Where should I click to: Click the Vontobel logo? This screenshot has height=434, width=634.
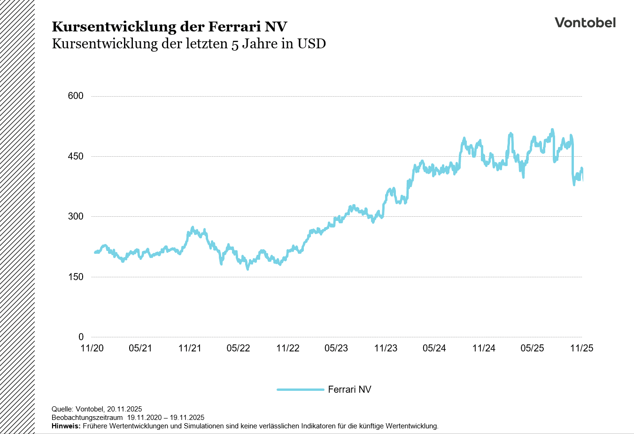pos(585,23)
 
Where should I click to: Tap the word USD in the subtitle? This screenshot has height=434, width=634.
pos(311,44)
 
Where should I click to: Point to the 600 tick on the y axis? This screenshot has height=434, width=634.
pos(76,96)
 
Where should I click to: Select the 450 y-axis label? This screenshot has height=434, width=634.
pos(76,156)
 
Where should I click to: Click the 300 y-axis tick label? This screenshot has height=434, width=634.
pos(76,216)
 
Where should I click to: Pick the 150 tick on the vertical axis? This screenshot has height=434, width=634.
pos(76,277)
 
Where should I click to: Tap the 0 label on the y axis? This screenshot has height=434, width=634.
pos(81,337)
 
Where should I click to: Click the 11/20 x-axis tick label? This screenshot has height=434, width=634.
pos(92,348)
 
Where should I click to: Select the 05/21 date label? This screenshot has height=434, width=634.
pos(140,348)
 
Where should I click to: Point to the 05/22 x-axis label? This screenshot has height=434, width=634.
pos(239,348)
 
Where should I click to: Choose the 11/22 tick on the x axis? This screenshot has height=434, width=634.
pos(288,348)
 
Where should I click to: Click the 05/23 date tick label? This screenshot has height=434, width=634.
pos(336,348)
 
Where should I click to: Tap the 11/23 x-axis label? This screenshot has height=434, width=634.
pos(386,348)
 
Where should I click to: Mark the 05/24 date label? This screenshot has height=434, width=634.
pos(434,348)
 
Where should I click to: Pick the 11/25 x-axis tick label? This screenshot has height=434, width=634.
pos(582,348)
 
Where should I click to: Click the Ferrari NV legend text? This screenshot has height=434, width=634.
pos(349,389)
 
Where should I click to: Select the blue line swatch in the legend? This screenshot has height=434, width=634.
pos(301,389)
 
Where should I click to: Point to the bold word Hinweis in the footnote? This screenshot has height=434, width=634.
pos(66,426)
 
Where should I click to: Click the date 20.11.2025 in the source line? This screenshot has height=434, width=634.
pos(124,409)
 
